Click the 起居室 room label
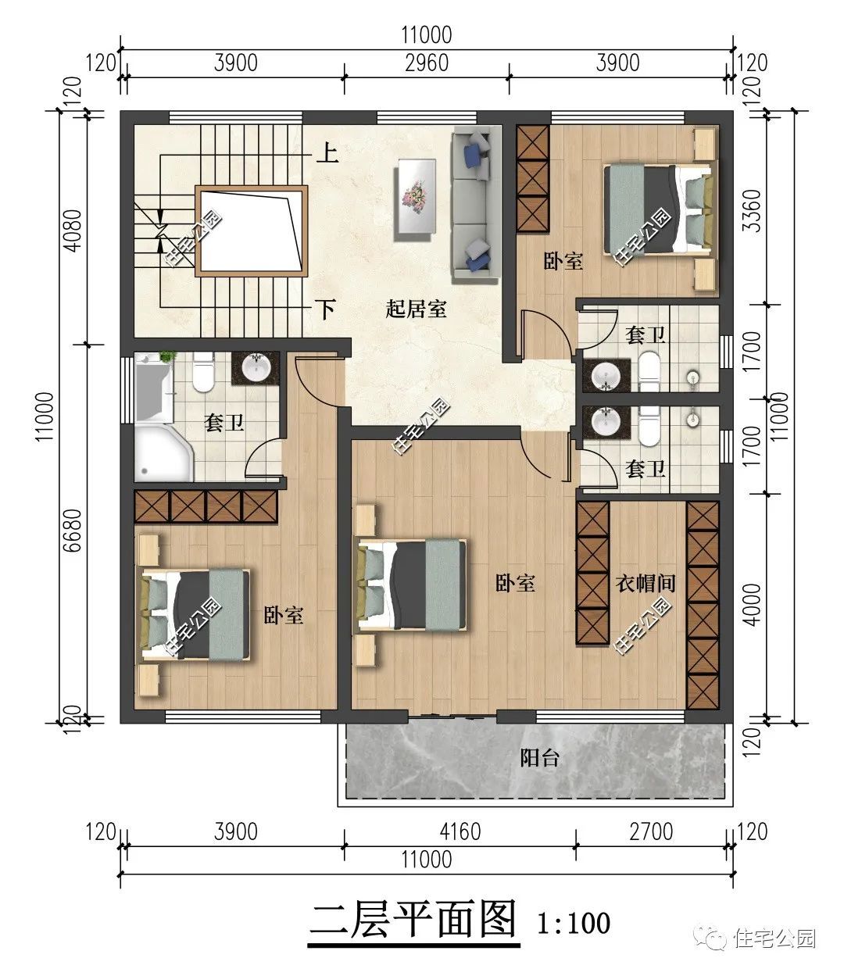416,309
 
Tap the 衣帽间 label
646,584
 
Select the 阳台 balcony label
539,758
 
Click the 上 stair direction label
327,153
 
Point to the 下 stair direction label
326,309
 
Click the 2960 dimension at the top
427,63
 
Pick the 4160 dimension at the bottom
460,831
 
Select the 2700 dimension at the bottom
651,831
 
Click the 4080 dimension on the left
73,231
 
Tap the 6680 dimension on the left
73,531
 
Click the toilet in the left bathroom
203,372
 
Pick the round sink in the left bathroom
256,368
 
